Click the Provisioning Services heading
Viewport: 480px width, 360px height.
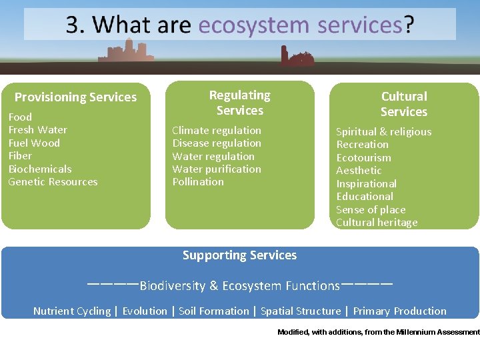75,97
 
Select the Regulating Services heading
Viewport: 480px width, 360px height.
239,103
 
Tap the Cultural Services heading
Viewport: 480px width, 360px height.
403,104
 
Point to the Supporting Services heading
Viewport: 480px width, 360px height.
239,255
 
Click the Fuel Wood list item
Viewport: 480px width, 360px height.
34,143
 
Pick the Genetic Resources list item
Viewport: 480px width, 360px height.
53,182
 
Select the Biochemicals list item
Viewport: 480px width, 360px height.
40,169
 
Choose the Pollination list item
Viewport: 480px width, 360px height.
198,182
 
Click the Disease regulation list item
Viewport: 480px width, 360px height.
217,143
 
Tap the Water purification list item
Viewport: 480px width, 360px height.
217,169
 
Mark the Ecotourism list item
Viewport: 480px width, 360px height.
363,158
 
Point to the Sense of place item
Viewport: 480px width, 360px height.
371,210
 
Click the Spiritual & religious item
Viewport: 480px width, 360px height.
383,132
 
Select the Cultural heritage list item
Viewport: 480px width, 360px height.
377,223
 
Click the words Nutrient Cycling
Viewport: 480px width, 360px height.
72,311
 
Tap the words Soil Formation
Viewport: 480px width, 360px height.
213,311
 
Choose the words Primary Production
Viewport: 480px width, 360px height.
399,311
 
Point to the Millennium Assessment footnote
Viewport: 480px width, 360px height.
378,332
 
